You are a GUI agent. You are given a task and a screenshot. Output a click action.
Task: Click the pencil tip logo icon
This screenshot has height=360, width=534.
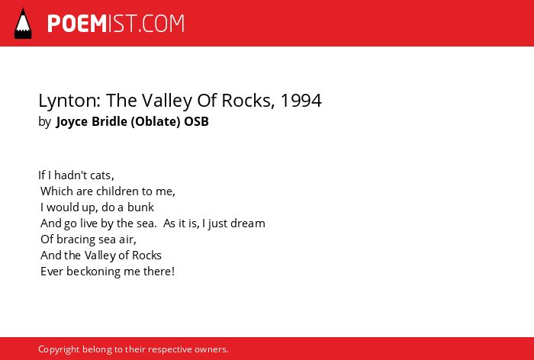pyautogui.click(x=23, y=24)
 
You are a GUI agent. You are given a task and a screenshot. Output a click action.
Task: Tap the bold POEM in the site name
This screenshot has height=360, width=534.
pyautogui.click(x=77, y=24)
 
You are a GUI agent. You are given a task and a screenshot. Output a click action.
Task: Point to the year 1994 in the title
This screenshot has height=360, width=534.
pyautogui.click(x=301, y=101)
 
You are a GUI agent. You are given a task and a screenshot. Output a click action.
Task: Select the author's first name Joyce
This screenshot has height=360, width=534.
pyautogui.click(x=72, y=122)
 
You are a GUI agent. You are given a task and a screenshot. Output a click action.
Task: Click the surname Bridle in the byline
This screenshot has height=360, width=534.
pyautogui.click(x=109, y=121)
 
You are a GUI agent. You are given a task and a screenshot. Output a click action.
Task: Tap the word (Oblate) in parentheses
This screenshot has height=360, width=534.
pyautogui.click(x=156, y=121)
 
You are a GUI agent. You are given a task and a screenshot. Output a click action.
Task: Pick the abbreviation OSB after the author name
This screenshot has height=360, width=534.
pyautogui.click(x=197, y=121)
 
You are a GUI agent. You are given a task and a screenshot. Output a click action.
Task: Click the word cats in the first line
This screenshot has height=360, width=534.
pyautogui.click(x=101, y=175)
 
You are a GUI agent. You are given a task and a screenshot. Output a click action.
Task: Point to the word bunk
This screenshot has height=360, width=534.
pyautogui.click(x=140, y=207)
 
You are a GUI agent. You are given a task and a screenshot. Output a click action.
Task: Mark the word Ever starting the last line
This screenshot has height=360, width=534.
pyautogui.click(x=52, y=272)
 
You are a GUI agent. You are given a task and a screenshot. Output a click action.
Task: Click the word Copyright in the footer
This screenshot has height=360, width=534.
pyautogui.click(x=59, y=349)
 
